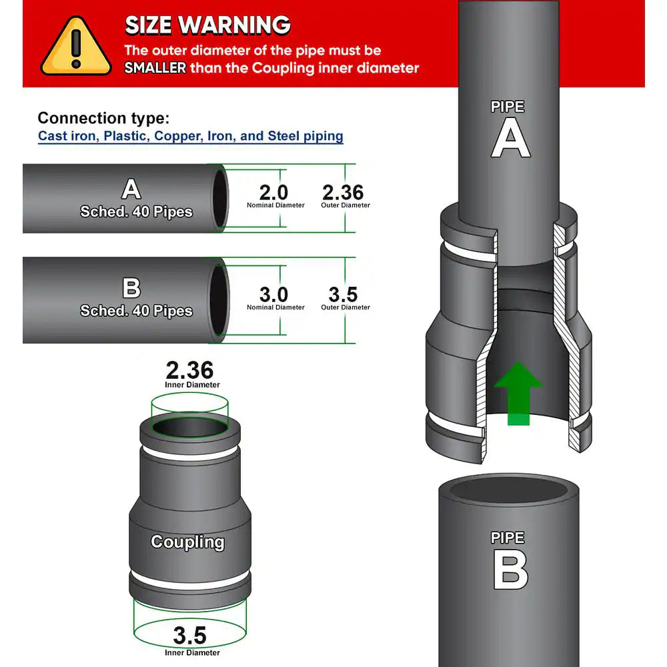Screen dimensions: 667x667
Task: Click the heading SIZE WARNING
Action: [x=207, y=25]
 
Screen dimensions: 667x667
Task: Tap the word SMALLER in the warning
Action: [x=155, y=68]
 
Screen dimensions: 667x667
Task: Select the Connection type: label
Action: [x=103, y=119]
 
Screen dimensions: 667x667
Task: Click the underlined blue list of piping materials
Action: [x=190, y=137]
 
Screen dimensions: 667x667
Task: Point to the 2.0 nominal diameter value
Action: [x=273, y=192]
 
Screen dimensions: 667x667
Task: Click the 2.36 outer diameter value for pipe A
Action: [x=343, y=192]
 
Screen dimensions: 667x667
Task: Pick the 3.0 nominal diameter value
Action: [x=273, y=294]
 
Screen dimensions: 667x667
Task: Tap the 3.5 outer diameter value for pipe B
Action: [x=344, y=294]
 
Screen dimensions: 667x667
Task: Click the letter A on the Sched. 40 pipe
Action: [x=131, y=189]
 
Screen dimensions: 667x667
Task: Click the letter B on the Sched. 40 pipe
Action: [x=131, y=288]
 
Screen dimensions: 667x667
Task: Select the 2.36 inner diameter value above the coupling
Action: [x=190, y=370]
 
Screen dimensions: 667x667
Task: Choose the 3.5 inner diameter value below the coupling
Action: [x=190, y=635]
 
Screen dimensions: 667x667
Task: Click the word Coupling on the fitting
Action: [x=187, y=542]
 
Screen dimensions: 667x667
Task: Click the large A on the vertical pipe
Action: [x=510, y=141]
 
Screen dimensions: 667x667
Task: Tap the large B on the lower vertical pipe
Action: [x=510, y=571]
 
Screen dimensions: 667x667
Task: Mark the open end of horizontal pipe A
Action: [x=219, y=199]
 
